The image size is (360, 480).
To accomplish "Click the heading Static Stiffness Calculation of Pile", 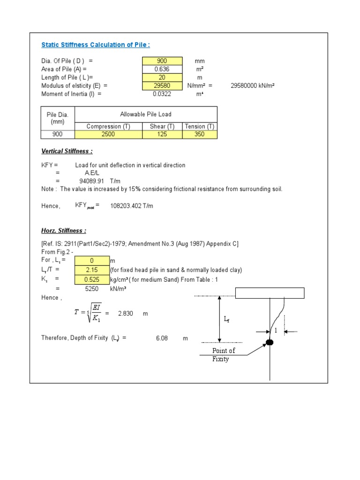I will coord(96,45).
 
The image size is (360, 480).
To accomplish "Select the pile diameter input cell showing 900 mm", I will coord(162,61).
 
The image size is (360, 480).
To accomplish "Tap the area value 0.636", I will coord(162,69).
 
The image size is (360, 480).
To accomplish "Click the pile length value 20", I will coord(162,77).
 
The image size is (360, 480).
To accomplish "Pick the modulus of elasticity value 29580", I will coord(162,86).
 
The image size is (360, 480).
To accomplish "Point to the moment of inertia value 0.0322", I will coord(162,94).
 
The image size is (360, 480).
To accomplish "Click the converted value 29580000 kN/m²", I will coord(252,86).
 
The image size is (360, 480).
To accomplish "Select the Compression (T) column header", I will coord(108,127).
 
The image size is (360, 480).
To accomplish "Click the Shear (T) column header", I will coord(162,127).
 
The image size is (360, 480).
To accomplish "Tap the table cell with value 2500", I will coord(108,135).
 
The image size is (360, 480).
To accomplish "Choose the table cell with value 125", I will coord(162,135).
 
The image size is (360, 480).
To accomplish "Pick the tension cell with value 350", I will coord(200,135).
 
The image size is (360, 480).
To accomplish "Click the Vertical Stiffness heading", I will coord(67,151).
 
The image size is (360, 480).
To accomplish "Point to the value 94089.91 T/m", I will coord(98,181).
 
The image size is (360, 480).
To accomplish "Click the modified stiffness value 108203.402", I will coord(132,206).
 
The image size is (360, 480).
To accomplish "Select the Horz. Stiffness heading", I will coord(64,231).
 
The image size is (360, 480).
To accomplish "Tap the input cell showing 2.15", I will coord(91,270).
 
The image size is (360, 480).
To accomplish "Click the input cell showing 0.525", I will coord(91,280).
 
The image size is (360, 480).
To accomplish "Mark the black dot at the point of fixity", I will coord(270,342).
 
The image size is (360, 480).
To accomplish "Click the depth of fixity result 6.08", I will coord(162,338).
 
